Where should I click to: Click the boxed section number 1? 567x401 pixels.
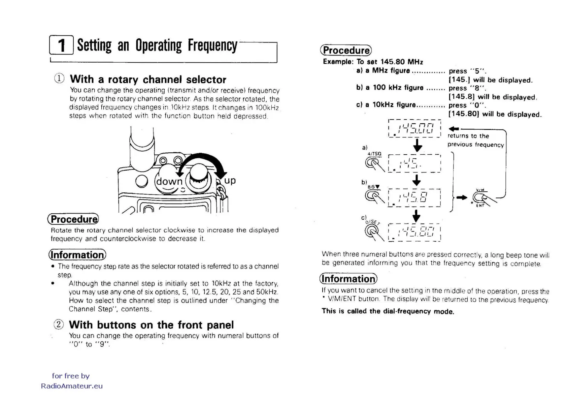coord(61,45)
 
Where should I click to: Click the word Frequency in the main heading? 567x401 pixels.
coord(212,45)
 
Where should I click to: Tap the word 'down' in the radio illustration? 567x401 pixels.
coord(169,181)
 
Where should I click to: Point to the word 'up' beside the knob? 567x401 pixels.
coord(230,180)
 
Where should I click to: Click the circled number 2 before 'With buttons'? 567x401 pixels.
coord(59,325)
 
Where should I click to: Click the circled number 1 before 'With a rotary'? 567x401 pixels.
coord(59,79)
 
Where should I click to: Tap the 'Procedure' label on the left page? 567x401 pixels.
coord(73,219)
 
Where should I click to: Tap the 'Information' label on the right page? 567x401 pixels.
coord(348,279)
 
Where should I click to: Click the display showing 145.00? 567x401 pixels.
coord(414,128)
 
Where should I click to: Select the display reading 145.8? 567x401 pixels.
coord(414,197)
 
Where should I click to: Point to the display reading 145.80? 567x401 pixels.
coord(414,232)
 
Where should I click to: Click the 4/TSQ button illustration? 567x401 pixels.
coord(372,163)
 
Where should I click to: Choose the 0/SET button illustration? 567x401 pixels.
coord(372,231)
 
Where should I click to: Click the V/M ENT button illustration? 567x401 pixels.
coord(480,197)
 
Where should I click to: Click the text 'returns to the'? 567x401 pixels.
coord(468,136)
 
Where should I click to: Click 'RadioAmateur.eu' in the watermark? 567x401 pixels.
coord(72,386)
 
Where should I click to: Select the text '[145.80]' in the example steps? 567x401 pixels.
coord(464,114)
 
